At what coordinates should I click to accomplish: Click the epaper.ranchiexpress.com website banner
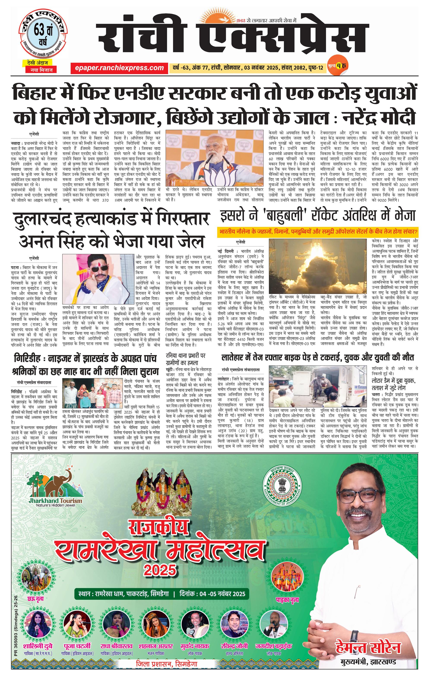coord(119,68)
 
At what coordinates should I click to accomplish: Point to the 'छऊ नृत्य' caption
coord(36,598)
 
